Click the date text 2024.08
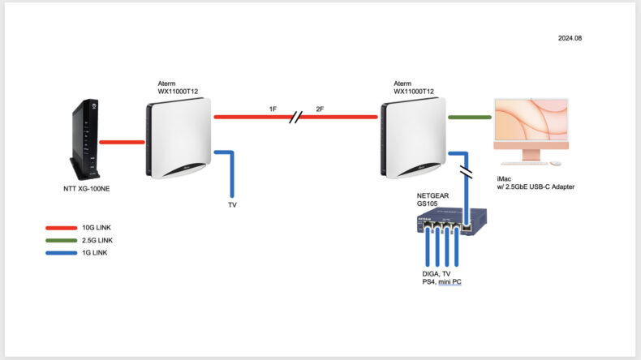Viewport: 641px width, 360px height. tap(570, 38)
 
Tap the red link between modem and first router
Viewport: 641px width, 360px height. tap(122, 142)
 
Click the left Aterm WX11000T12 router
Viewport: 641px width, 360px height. tap(179, 139)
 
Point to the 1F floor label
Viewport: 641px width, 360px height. tap(274, 109)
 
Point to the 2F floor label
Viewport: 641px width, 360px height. tap(320, 109)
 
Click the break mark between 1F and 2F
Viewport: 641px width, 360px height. tap(296, 118)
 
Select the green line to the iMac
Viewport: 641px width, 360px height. tap(470, 118)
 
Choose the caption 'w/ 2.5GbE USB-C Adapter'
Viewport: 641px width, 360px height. tap(541, 187)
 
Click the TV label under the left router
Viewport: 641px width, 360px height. tap(233, 205)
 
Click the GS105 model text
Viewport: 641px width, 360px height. tap(428, 204)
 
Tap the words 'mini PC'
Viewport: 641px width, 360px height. tap(455, 281)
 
